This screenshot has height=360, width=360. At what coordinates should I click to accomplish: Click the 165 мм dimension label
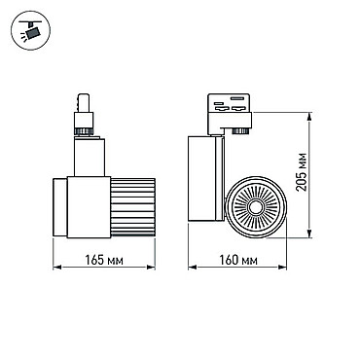point(104,260)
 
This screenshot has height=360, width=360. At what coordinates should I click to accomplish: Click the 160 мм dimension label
point(238,260)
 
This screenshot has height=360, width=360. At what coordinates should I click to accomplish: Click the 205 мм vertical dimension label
point(302,172)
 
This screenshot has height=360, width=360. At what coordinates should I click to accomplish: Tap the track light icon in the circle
point(31,30)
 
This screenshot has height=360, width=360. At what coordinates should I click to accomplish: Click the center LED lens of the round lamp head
point(256,207)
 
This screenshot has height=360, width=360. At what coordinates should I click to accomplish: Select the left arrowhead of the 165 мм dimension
point(57,268)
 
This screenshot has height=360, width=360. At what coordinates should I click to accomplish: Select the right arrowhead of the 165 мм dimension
point(151,268)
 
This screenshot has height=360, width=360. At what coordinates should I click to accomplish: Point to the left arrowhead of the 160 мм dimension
point(193,268)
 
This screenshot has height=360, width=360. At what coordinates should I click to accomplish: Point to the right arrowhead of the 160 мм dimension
point(282,268)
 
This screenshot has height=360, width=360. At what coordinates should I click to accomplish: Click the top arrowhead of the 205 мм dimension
point(310,117)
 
